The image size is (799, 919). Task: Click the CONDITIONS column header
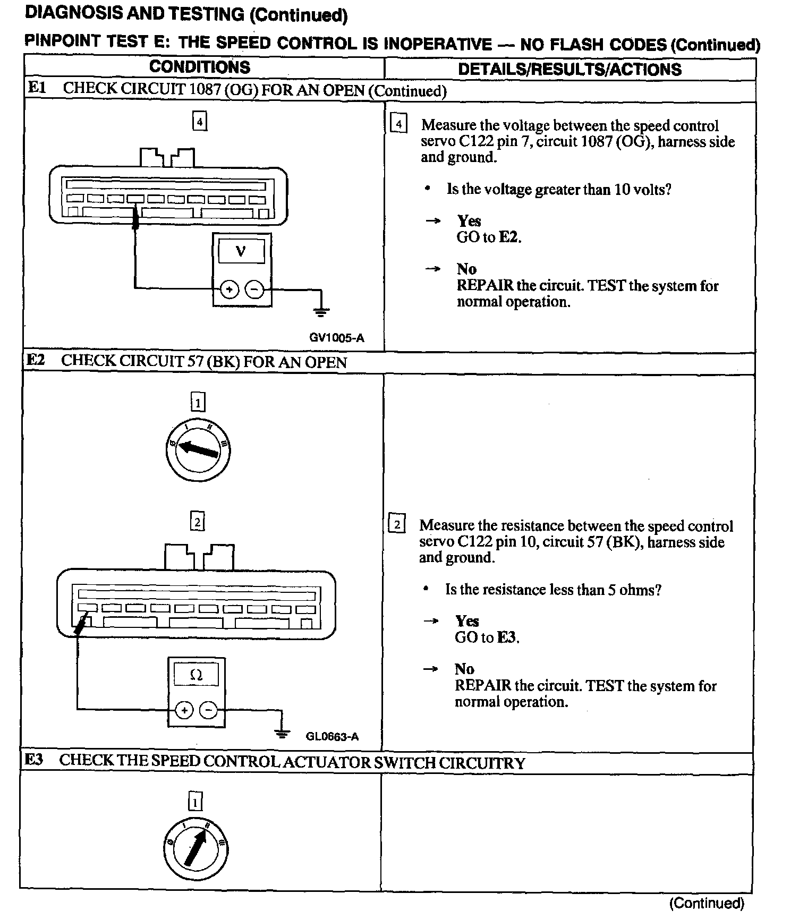click(x=200, y=67)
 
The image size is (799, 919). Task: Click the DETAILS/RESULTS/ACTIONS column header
click(x=569, y=69)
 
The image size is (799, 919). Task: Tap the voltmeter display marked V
click(x=241, y=251)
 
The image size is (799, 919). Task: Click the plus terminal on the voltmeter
click(x=229, y=290)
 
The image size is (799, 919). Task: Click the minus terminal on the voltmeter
click(x=254, y=290)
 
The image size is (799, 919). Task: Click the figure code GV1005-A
click(x=337, y=338)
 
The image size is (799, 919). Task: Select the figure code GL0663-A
click(x=332, y=736)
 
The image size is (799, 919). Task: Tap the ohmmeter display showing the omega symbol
click(x=196, y=675)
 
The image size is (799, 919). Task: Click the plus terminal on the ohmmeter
click(x=184, y=710)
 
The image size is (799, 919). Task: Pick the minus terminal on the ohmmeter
click(x=209, y=710)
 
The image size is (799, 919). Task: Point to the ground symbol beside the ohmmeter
click(x=282, y=733)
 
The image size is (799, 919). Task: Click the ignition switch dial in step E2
click(x=198, y=450)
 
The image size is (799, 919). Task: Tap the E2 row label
click(x=36, y=360)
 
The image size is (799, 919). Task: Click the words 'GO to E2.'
click(x=489, y=237)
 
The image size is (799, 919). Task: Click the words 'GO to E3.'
click(x=487, y=637)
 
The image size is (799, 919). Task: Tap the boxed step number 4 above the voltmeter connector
click(x=199, y=122)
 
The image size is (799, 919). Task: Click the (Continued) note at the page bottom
click(x=707, y=903)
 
